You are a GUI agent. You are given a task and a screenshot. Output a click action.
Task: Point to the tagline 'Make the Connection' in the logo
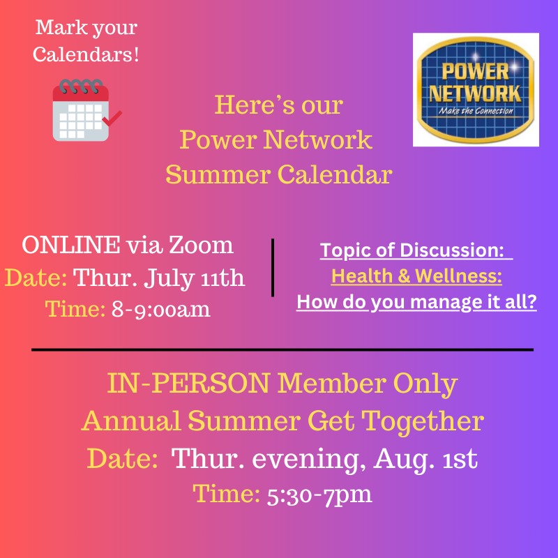pyautogui.click(x=476, y=111)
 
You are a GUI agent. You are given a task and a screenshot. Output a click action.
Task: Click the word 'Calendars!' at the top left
pyautogui.click(x=86, y=54)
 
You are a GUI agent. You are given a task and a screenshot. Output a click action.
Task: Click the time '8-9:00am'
pyautogui.click(x=161, y=309)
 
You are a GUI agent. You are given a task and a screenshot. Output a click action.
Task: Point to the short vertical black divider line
pyautogui.click(x=272, y=267)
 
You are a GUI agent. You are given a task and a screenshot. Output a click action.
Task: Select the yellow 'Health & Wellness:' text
pyautogui.click(x=416, y=276)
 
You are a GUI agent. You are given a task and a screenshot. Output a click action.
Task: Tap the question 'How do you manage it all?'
pyautogui.click(x=416, y=303)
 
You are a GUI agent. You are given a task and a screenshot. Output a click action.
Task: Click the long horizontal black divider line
pyautogui.click(x=282, y=349)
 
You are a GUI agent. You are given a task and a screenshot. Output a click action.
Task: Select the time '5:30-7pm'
pyautogui.click(x=319, y=495)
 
